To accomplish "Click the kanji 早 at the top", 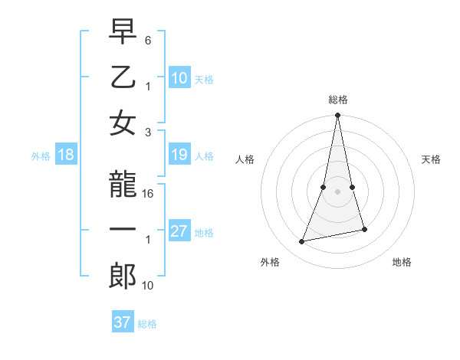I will pos(123,34).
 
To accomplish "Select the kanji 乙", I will pos(123,77).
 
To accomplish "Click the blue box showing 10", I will pos(179,77).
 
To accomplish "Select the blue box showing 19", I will pos(179,155).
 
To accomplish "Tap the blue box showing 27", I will pos(179,232).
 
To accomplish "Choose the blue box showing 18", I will pos(66,155).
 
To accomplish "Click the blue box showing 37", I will pos(123,322).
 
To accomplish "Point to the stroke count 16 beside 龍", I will pos(149,194).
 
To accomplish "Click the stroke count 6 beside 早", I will pos(148,40).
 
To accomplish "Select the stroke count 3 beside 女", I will pos(148,131).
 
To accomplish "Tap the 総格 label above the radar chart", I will pos(337,100).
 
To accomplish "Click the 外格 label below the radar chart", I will pos(270,262).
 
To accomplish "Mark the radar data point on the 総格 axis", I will pos(337,115).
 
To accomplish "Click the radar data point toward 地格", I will pos(364,229).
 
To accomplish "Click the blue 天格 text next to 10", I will pos(204,79).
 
